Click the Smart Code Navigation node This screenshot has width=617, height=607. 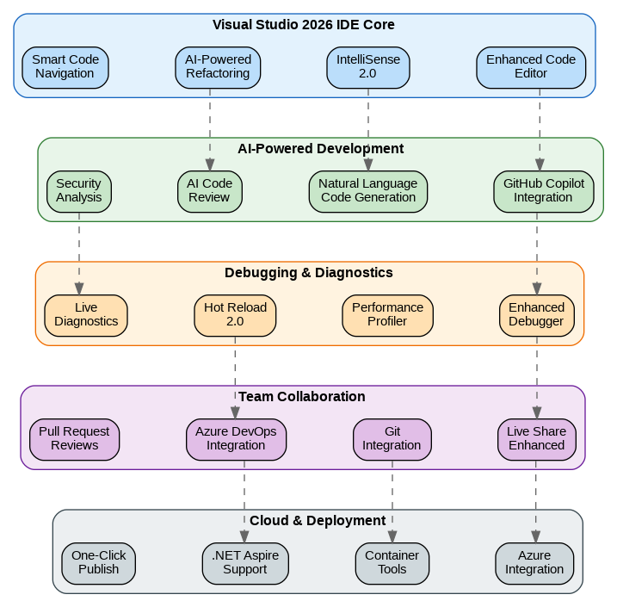point(65,67)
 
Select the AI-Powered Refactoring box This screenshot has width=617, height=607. point(218,67)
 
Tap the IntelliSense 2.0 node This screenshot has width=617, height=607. point(368,67)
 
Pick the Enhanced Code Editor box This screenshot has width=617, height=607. point(531,67)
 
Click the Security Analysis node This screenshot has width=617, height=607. point(78,191)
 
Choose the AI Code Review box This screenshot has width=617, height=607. point(210,191)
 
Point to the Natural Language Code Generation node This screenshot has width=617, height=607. point(367,191)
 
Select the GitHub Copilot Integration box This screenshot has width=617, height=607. point(543,191)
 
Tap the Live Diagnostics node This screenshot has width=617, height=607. point(86,315)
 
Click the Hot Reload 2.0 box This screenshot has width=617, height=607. point(235,315)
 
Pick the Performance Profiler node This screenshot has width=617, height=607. point(387,315)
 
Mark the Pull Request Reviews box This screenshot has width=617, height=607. point(74,439)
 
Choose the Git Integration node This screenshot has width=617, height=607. point(392,439)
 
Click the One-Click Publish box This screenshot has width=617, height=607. point(98,563)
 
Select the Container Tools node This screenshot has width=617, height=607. point(392,563)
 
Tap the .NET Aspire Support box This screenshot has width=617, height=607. point(245,563)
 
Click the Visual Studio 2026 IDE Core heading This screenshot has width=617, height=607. point(304,25)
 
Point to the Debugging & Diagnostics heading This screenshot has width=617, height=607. point(308,273)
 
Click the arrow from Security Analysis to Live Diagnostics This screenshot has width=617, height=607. point(79,253)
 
